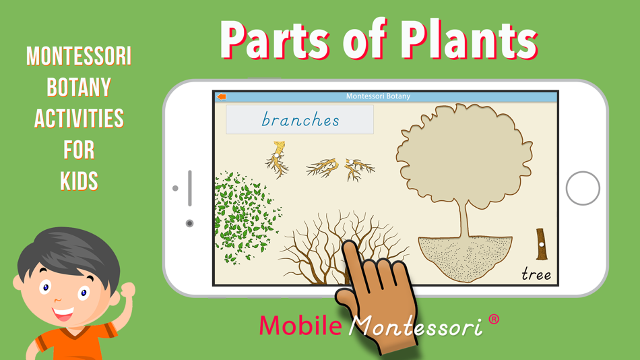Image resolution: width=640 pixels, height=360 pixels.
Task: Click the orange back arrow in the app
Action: (x=221, y=97)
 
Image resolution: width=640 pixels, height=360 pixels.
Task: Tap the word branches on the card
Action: (x=300, y=120)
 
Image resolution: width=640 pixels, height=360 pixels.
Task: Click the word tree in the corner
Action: (x=536, y=274)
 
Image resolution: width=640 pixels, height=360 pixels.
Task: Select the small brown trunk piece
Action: (x=541, y=244)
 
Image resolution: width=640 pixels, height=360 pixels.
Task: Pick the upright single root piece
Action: (x=277, y=159)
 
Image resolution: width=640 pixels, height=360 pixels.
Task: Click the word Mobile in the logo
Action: (x=300, y=325)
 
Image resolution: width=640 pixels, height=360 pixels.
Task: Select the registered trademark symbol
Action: (x=494, y=319)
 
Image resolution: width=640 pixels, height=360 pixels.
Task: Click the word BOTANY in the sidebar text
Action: (x=79, y=87)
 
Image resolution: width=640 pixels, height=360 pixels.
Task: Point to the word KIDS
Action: (x=79, y=181)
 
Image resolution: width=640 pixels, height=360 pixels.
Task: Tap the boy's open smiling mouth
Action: (x=63, y=314)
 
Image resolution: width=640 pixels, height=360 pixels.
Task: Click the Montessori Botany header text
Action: (x=378, y=96)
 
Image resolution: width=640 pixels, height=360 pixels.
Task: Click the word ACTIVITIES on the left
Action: (x=79, y=119)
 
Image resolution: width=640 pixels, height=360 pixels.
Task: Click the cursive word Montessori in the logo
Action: (x=416, y=326)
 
